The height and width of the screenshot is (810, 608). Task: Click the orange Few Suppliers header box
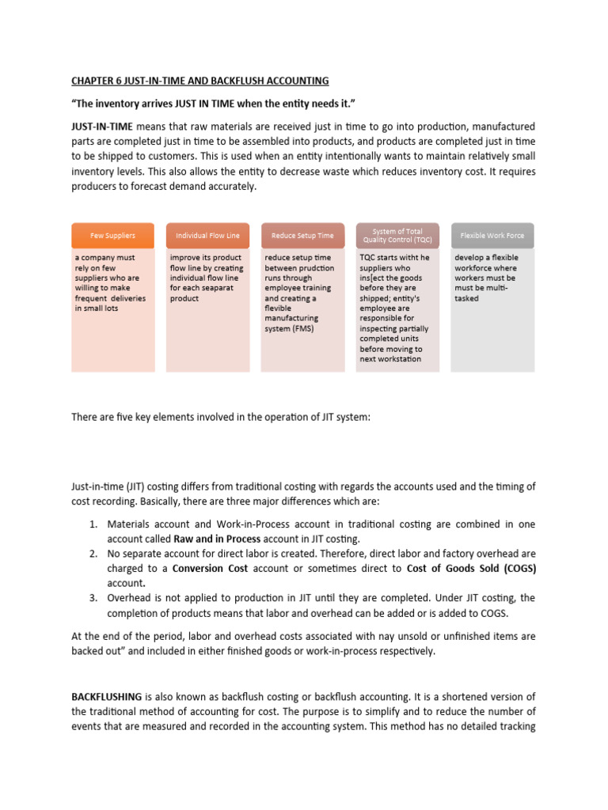tap(112, 235)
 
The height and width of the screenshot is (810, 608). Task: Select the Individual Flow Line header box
tap(207, 235)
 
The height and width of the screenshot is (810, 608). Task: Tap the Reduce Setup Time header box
tap(302, 235)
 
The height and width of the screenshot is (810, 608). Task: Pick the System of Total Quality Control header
tap(397, 235)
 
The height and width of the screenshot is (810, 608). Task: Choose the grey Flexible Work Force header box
tap(492, 235)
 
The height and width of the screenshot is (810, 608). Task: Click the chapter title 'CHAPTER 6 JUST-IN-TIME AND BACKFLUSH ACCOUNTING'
tap(199, 81)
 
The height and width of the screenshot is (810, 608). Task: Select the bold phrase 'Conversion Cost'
tap(211, 567)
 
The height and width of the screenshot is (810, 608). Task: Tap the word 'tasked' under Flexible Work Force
tap(467, 298)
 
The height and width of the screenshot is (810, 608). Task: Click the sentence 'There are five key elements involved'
tap(221, 416)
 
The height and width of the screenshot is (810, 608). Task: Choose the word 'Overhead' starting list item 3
tap(129, 597)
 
